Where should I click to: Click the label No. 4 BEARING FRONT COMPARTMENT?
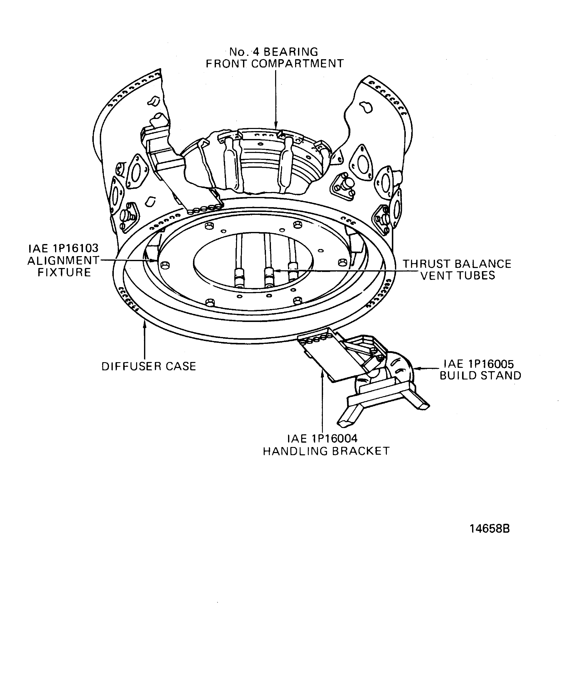pos(275,58)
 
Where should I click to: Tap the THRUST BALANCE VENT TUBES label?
pos(457,269)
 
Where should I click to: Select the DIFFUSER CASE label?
pos(149,366)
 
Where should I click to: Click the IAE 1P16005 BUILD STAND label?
pos(480,369)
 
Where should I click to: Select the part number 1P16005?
pos(491,364)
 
